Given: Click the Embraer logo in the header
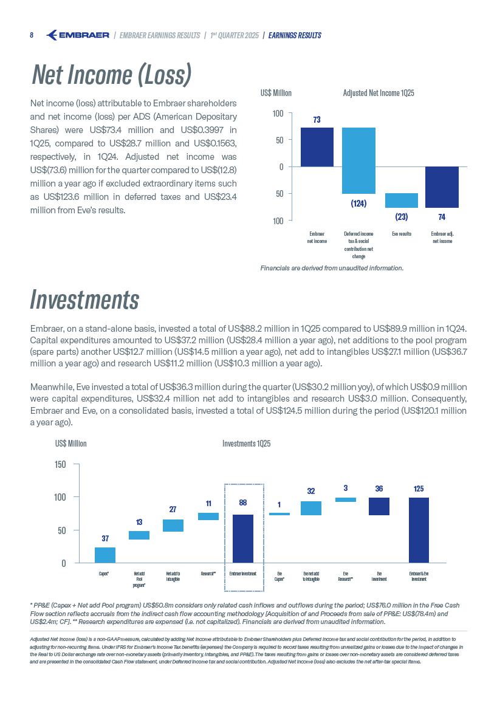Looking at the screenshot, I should (x=78, y=35).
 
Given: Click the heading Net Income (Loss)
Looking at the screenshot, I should (x=112, y=75).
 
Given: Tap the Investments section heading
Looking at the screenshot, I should (x=84, y=300).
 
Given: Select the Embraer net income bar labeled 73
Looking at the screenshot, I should (x=317, y=146).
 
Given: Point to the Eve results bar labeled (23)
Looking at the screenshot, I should (x=401, y=201).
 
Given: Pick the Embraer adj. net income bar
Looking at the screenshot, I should (x=442, y=187).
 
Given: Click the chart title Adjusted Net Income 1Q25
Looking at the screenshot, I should (x=379, y=93).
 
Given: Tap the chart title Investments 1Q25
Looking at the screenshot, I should (x=247, y=444).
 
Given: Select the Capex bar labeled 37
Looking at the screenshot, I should (x=105, y=555).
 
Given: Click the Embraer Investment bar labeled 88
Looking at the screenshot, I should (x=243, y=538).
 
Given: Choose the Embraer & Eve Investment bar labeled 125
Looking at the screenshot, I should (x=419, y=530).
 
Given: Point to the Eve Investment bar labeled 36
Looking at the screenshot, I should (x=379, y=506).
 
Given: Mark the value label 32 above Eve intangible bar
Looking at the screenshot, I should (x=310, y=491).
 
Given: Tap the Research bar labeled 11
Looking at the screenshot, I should (x=208, y=516).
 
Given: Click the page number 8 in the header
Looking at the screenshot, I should (x=32, y=35).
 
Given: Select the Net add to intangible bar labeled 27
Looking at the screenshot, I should (x=173, y=526).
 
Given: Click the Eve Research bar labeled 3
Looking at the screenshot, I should (x=345, y=499).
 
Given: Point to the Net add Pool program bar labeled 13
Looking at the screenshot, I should (x=139, y=535).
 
